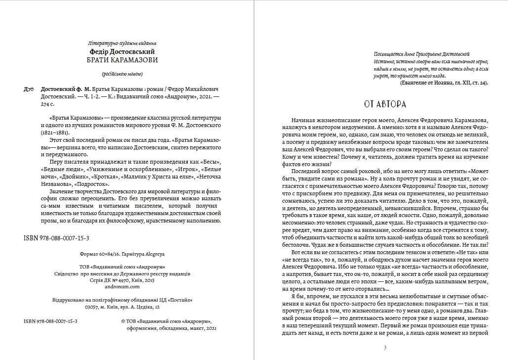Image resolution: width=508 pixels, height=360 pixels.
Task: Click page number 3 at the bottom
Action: pos(385,347)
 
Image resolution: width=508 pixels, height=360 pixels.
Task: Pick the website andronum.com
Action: pos(123,286)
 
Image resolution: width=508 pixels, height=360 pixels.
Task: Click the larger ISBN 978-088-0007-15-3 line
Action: pos(56,238)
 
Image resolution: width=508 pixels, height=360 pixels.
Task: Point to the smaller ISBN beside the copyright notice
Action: pos(50,320)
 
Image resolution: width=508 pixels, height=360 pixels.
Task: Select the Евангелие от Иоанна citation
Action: pos(443,83)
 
